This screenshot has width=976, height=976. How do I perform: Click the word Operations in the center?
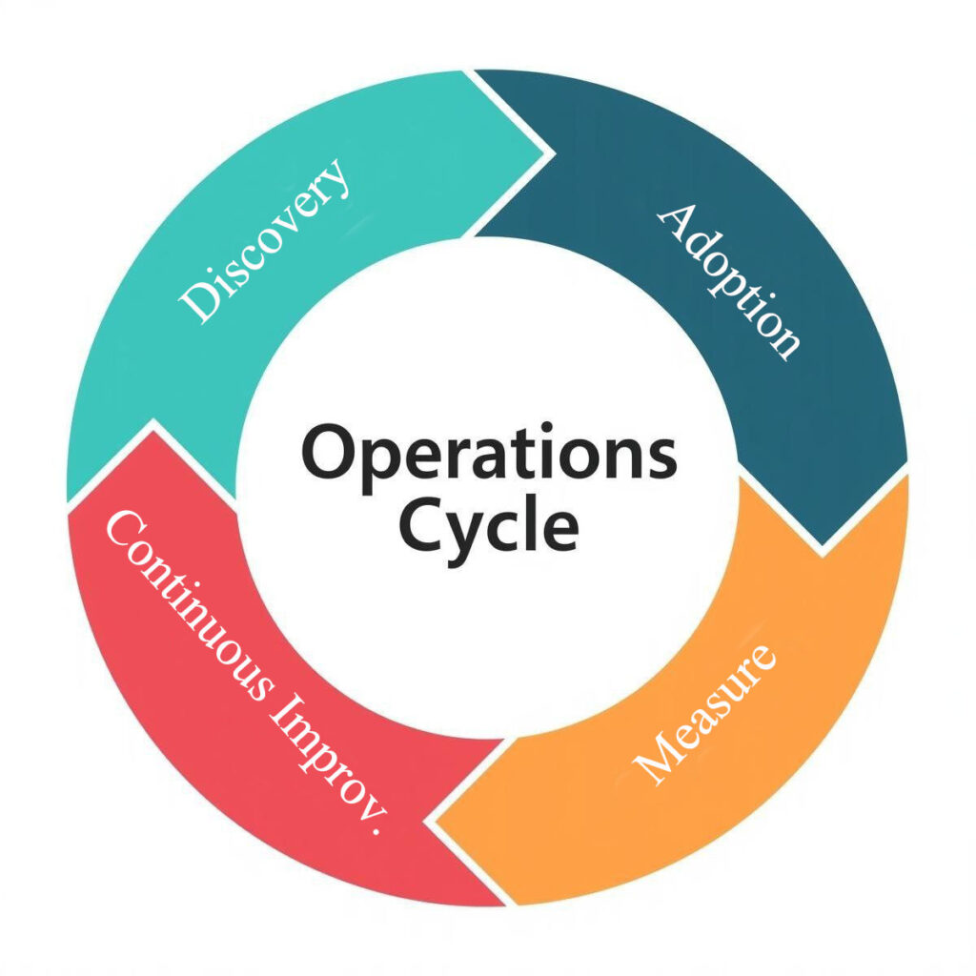489,456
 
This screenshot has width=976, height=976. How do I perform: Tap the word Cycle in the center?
488,526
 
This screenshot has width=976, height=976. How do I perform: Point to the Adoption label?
730,280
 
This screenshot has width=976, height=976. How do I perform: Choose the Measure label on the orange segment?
706,714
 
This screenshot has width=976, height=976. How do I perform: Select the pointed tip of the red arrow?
152,425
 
